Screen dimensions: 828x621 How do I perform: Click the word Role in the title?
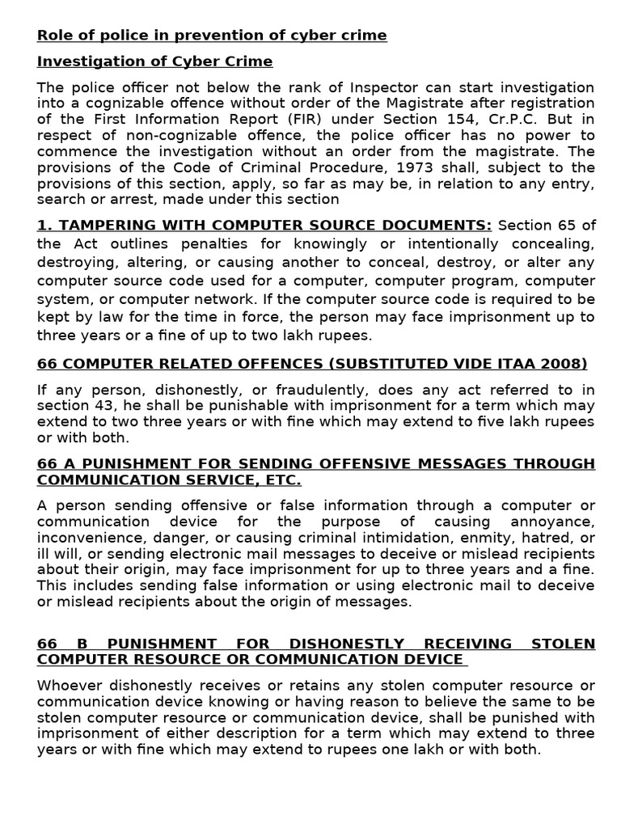[x=53, y=35]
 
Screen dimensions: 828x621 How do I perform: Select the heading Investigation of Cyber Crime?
[x=154, y=61]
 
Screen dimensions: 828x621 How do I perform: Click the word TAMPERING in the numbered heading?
[x=100, y=225]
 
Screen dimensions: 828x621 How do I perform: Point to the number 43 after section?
[x=96, y=405]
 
